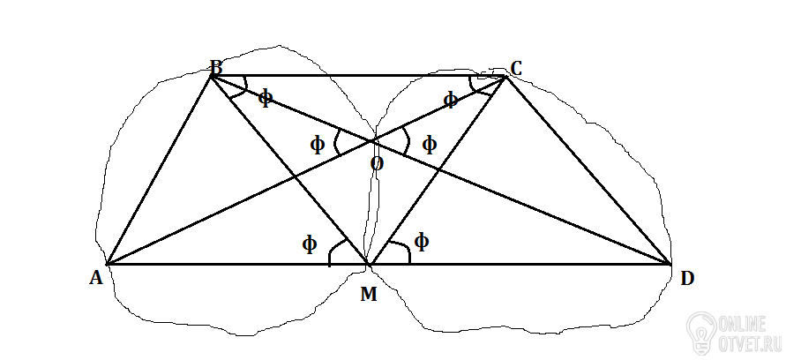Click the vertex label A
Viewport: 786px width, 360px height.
pyautogui.click(x=96, y=278)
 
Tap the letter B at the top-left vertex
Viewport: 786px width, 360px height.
pyautogui.click(x=216, y=67)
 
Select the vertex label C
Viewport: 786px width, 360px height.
pyautogui.click(x=516, y=68)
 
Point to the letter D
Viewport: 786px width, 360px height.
pyautogui.click(x=687, y=278)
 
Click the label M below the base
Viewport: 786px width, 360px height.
pyautogui.click(x=369, y=295)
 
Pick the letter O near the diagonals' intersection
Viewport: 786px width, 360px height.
pyautogui.click(x=377, y=164)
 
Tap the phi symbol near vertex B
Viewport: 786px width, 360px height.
pyautogui.click(x=266, y=98)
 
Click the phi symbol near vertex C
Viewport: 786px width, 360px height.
pyautogui.click(x=450, y=101)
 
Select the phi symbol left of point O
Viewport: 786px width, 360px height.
pyautogui.click(x=318, y=145)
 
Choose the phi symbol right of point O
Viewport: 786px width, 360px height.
pyautogui.click(x=430, y=145)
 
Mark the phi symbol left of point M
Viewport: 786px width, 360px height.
pyautogui.click(x=310, y=244)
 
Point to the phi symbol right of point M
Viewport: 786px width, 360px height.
pyautogui.click(x=422, y=243)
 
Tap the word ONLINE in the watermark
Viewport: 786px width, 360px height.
pyautogui.click(x=743, y=325)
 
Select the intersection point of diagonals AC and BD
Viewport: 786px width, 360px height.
pyautogui.click(x=372, y=141)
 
